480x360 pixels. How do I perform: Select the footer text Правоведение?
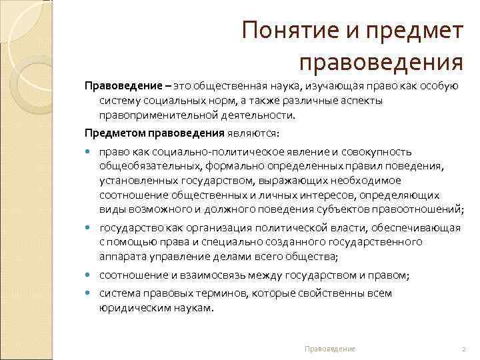329,349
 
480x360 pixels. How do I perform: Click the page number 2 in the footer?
463,349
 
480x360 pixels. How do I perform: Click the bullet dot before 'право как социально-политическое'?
89,152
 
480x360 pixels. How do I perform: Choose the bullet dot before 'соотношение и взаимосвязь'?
89,275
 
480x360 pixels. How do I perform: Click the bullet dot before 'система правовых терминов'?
89,293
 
